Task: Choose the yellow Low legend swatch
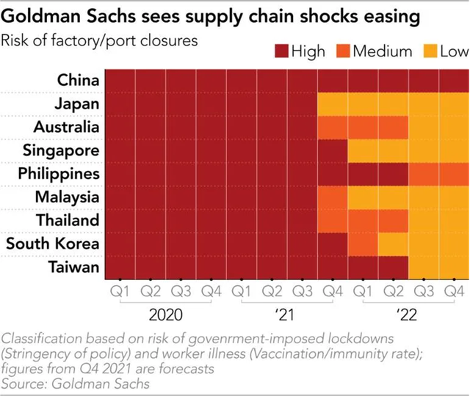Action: click(427, 51)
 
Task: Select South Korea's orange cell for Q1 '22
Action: click(362, 243)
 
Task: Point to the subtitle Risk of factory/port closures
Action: click(100, 40)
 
